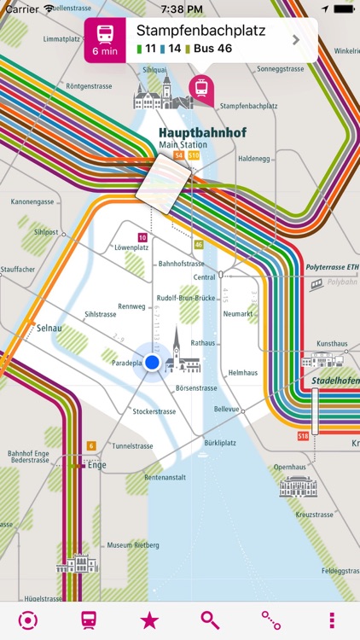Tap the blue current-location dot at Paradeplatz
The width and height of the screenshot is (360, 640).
(x=153, y=363)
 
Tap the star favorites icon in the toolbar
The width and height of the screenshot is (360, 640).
(x=149, y=620)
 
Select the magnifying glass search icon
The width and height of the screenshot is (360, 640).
(x=210, y=620)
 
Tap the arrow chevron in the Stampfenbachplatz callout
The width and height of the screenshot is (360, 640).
(x=296, y=39)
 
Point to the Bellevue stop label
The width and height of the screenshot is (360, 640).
(x=226, y=409)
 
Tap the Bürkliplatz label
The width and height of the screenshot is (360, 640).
(x=219, y=444)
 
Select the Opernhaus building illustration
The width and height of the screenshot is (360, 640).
(x=298, y=486)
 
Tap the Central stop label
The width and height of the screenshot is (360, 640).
(x=204, y=277)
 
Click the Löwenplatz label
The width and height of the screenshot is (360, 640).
(x=131, y=247)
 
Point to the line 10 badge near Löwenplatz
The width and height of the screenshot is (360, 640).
(x=142, y=237)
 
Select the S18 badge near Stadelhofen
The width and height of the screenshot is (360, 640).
(x=303, y=436)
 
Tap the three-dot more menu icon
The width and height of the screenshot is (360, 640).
(x=331, y=620)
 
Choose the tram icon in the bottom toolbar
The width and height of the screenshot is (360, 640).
(x=88, y=620)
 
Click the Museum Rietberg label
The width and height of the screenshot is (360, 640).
(x=131, y=544)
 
